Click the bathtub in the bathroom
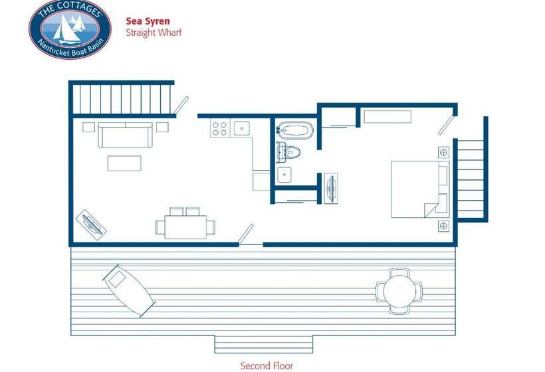(x=295, y=130)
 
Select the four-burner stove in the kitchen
(x=220, y=128)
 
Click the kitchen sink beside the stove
(x=241, y=128)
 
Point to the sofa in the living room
(x=125, y=135)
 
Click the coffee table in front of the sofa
(x=124, y=163)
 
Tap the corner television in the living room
(x=91, y=225)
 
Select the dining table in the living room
(x=185, y=227)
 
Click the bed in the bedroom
(x=420, y=189)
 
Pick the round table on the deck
(x=399, y=291)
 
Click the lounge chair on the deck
(x=128, y=290)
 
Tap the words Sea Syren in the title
(x=148, y=21)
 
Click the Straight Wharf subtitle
(x=154, y=33)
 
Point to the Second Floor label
(x=267, y=366)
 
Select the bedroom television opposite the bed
(x=331, y=188)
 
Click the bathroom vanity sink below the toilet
(x=284, y=175)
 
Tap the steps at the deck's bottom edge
(x=263, y=344)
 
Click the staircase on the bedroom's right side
(x=471, y=179)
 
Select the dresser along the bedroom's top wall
(x=387, y=117)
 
